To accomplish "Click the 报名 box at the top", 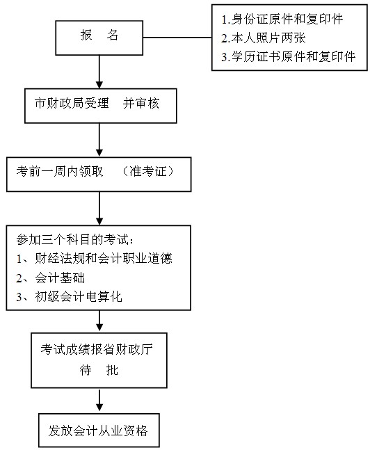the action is pyautogui.click(x=99, y=38).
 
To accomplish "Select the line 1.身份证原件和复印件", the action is pyautogui.click(x=282, y=19).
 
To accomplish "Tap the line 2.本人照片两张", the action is pyautogui.click(x=263, y=38).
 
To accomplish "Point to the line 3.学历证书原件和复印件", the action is pyautogui.click(x=289, y=56).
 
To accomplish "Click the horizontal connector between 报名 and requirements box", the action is pyautogui.click(x=177, y=38).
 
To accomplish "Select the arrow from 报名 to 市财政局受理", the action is pyautogui.click(x=99, y=72).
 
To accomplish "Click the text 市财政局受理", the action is pyautogui.click(x=72, y=104).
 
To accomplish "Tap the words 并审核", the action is pyautogui.click(x=141, y=104).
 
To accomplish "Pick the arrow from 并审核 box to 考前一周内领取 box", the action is pyautogui.click(x=99, y=140).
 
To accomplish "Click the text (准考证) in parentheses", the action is pyautogui.click(x=148, y=171).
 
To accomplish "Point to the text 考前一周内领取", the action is pyautogui.click(x=60, y=171).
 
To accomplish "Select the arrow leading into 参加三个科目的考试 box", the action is pyautogui.click(x=99, y=209).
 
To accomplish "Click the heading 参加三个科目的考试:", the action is pyautogui.click(x=75, y=239).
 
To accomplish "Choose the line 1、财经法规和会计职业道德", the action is pyautogui.click(x=94, y=258).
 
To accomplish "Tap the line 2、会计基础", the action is pyautogui.click(x=51, y=278).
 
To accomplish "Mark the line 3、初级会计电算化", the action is pyautogui.click(x=69, y=296).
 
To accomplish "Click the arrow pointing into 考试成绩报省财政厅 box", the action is pyautogui.click(x=99, y=321).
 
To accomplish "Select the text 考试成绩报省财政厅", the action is pyautogui.click(x=97, y=349).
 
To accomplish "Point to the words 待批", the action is pyautogui.click(x=99, y=370).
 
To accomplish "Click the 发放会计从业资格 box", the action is pyautogui.click(x=99, y=431).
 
